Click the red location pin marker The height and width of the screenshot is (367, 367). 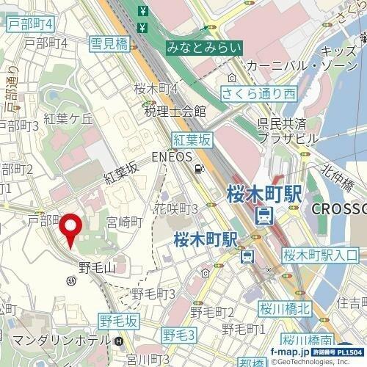click(x=71, y=229)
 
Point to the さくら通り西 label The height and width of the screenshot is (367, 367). click(x=259, y=93)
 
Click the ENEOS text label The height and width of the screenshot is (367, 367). click(x=171, y=156)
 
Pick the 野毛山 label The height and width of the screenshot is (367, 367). click(x=97, y=267)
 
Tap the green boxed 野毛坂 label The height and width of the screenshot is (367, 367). click(x=118, y=321)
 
